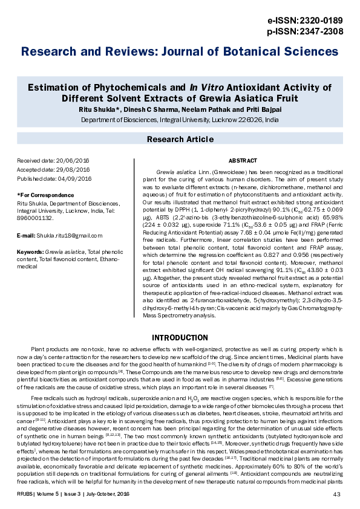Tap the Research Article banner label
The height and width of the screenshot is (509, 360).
point(180,140)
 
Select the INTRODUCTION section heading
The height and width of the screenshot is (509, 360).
point(180,337)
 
